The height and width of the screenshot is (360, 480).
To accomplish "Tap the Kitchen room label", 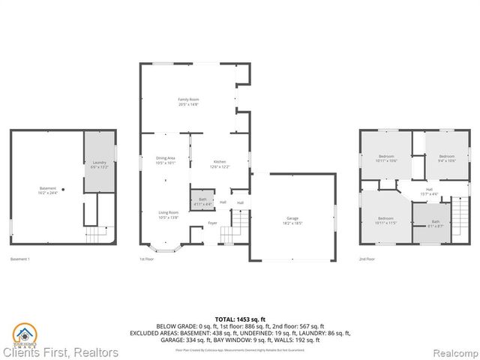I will click(x=220, y=163).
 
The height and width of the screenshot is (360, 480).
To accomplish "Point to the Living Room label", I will click(x=167, y=214).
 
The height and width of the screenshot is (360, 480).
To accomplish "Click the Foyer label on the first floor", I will click(x=212, y=223).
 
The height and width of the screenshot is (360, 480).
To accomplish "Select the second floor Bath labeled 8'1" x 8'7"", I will click(x=435, y=223).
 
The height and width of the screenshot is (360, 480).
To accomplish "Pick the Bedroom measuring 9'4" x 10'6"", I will click(x=446, y=157).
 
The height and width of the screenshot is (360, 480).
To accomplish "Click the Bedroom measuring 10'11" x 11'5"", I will click(x=386, y=220).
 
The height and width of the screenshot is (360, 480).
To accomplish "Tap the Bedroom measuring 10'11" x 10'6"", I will click(x=386, y=158).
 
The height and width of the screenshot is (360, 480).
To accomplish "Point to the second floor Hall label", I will click(x=429, y=191).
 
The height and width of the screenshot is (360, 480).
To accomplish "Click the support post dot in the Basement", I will click(x=63, y=189).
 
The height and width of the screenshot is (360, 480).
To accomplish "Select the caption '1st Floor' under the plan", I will click(x=147, y=259).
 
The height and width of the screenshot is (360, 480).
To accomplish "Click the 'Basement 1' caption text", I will click(x=19, y=259).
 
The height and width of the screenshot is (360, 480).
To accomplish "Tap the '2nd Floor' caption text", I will click(x=367, y=259).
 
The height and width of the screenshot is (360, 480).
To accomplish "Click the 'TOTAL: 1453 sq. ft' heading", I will click(x=240, y=319).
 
